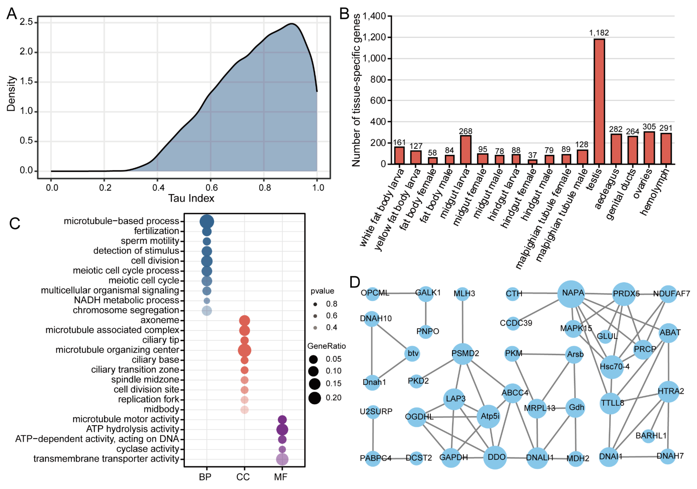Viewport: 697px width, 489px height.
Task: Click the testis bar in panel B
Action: click(599, 101)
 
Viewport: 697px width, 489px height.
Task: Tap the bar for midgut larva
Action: click(465, 150)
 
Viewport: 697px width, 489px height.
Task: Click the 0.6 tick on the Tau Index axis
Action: click(211, 188)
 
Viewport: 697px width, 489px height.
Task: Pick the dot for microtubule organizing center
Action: click(244, 350)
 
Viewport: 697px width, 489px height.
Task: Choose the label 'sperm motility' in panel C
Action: click(150, 241)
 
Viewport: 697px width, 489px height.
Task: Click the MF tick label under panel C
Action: click(281, 477)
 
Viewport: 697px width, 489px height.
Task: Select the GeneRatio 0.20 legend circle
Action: click(314, 398)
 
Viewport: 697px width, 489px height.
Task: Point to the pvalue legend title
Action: click(322, 291)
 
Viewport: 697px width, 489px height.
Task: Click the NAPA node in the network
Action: click(571, 294)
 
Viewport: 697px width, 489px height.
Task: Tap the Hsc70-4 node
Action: click(612, 367)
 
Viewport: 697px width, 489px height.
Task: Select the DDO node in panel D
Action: click(495, 457)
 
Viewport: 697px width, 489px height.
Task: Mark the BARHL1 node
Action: click(649, 436)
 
